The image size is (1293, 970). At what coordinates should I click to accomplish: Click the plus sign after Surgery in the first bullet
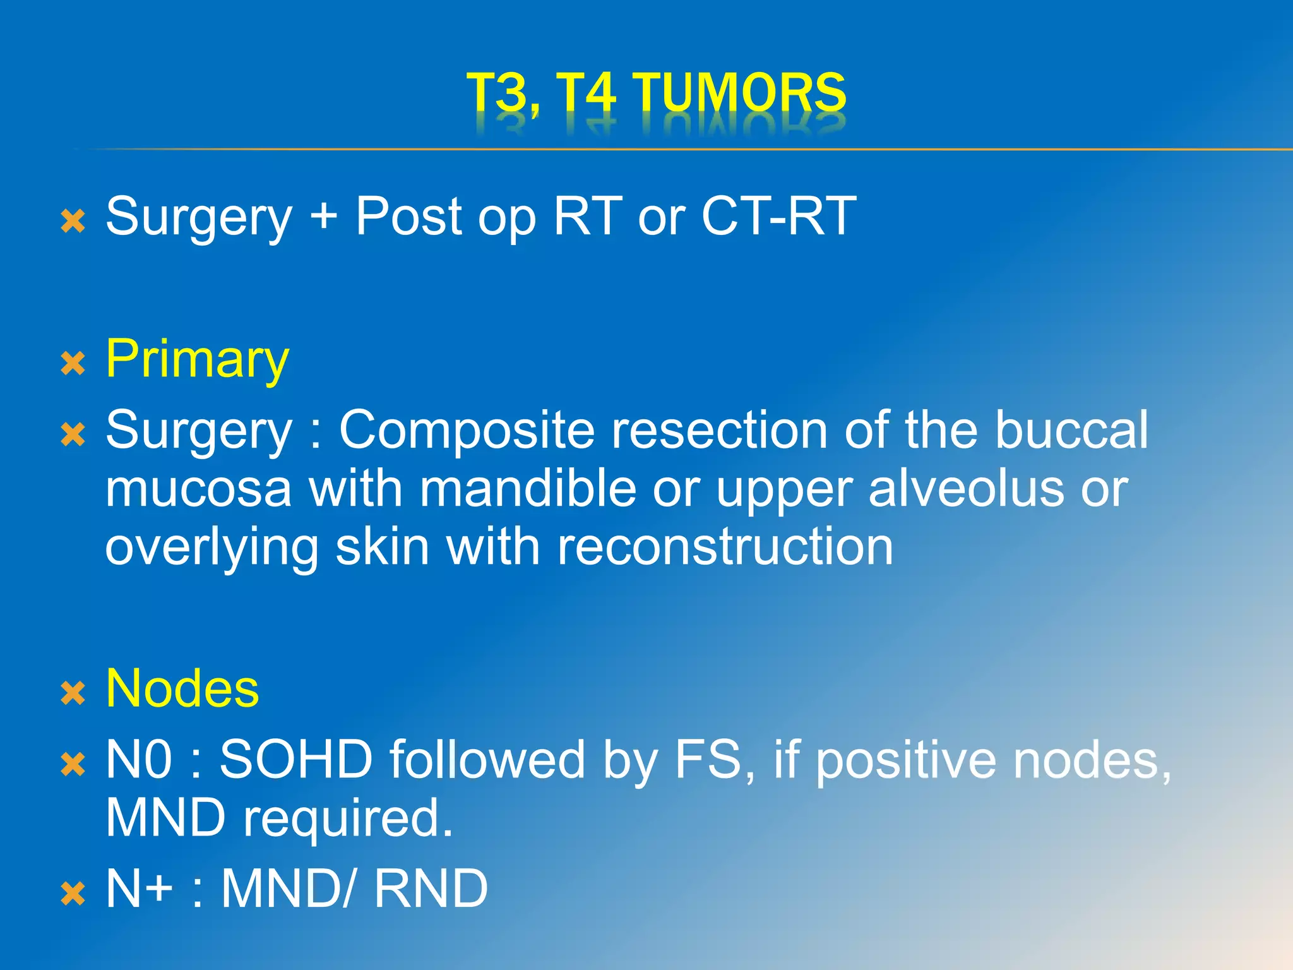coord(324,217)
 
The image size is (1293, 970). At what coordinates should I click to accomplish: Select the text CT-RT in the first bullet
coord(778,217)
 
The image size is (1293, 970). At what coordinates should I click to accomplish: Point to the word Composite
coord(467,431)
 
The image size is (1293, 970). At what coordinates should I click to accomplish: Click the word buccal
coord(1071,431)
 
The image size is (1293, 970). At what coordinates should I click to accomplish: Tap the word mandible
coord(528,489)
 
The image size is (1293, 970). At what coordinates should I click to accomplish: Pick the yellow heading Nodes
coord(182,689)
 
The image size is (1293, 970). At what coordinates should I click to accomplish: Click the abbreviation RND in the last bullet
coord(431,889)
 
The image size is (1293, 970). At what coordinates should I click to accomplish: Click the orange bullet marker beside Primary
coord(73,364)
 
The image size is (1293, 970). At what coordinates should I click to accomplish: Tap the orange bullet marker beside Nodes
coord(73,693)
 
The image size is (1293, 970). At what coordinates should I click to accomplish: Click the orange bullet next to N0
coord(73,764)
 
